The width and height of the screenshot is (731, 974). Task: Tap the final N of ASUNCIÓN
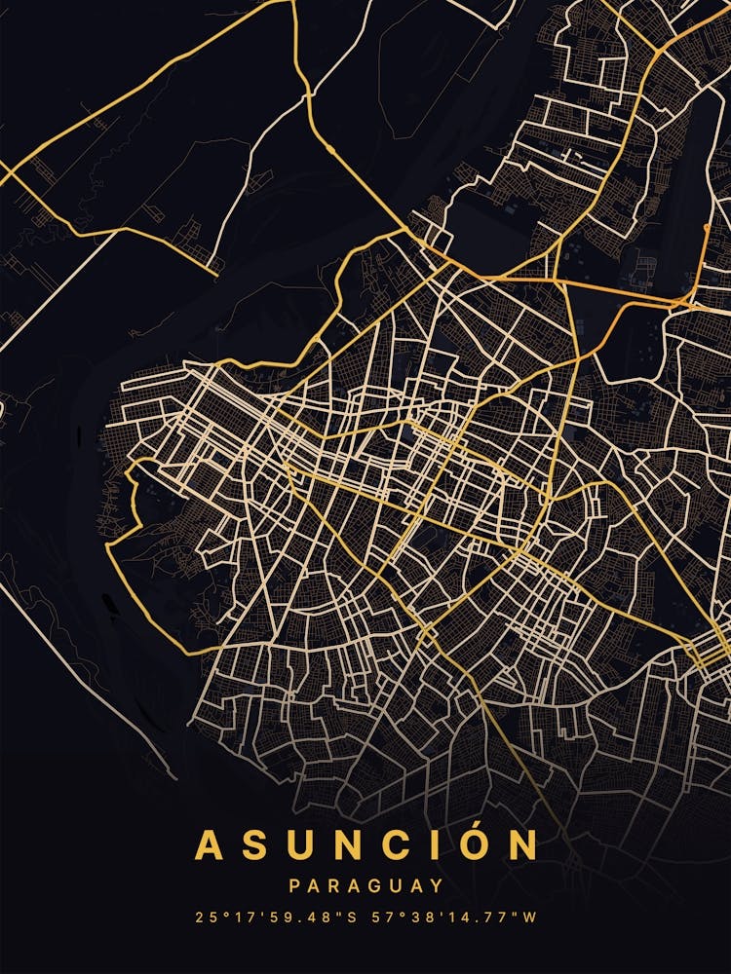[x=523, y=844]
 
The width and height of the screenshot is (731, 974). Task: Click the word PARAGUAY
[x=365, y=886]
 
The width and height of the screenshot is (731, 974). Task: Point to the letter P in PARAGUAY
[x=294, y=886]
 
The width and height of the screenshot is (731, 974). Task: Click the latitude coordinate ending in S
[x=276, y=918]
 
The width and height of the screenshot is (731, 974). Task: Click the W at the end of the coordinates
[x=529, y=918]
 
